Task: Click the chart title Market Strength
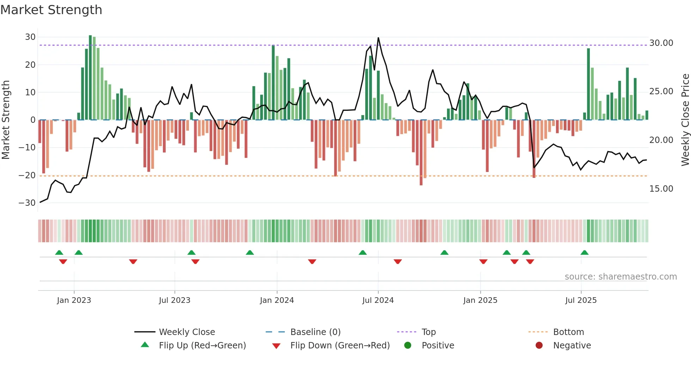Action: (x=51, y=10)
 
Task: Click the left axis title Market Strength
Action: (x=6, y=120)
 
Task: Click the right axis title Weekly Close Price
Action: (x=685, y=120)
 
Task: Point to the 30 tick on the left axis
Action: (x=30, y=37)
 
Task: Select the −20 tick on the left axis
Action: (x=27, y=175)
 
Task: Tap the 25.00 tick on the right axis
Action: (x=661, y=91)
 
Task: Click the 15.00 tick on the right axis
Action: (x=661, y=189)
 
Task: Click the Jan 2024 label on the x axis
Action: (x=277, y=300)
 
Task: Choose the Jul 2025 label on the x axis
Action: (x=581, y=300)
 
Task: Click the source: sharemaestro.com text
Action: (x=620, y=277)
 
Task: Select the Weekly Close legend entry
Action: (x=186, y=332)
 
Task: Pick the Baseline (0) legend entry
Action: (x=315, y=332)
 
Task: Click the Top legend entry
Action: (x=428, y=332)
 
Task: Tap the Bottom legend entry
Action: (x=568, y=332)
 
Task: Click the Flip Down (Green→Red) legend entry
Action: (x=340, y=346)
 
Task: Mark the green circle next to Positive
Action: (x=408, y=346)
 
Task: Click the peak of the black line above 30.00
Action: (x=378, y=38)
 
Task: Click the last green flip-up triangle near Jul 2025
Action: (x=585, y=252)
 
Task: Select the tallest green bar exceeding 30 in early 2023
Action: (x=90, y=78)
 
